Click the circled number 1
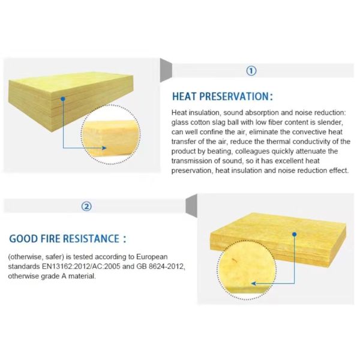251,71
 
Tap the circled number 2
86,206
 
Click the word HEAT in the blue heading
184,97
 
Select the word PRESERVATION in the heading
233,97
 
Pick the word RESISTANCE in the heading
91,239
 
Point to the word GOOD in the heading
23,239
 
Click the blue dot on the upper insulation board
63,99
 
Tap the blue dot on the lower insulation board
295,234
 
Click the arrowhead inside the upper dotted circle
104,148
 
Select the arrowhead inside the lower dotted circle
254,284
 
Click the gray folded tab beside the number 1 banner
166,70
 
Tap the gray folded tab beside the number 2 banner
191,205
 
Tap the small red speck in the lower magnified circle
235,260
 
